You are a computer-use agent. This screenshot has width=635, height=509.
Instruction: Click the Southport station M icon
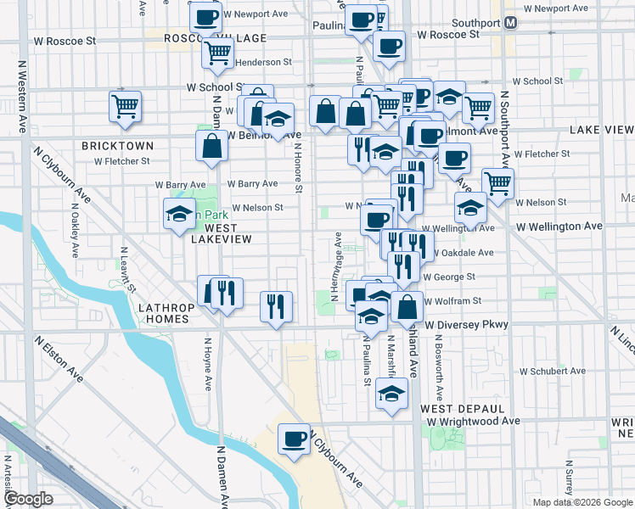coord(511,22)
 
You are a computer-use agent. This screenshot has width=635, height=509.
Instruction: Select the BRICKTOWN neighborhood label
coord(117,146)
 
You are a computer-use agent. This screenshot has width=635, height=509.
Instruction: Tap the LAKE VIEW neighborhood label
coord(601,130)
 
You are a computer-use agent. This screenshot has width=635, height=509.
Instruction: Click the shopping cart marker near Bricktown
coord(125,107)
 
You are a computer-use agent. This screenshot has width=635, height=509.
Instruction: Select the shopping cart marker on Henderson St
coord(218,53)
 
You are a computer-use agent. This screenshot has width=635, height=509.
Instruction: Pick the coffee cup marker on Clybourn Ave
coord(294,439)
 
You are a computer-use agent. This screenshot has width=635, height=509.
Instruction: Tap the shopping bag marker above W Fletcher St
coord(211,144)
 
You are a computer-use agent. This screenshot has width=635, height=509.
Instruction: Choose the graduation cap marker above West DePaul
coord(391,394)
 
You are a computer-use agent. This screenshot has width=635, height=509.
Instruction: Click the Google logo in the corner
coord(29,498)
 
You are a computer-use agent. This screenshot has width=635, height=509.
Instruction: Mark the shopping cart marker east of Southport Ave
coord(497,183)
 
